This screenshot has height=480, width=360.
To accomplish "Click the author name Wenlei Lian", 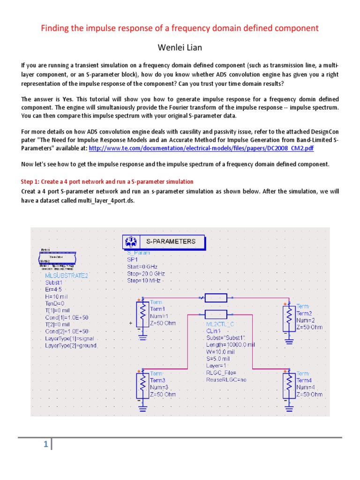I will point(180,48).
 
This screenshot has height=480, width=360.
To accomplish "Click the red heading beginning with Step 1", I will point(107,181).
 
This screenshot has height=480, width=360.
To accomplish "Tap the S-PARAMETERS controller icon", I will point(130,242).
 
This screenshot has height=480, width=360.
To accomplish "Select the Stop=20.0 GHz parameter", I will point(146,273).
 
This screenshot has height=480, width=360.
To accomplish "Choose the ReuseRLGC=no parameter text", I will point(226,380).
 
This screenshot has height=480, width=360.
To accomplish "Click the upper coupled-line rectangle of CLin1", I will point(216,298).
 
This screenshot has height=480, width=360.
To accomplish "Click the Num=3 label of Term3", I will point(159,388).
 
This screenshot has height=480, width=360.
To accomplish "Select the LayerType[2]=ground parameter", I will point(71,345).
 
